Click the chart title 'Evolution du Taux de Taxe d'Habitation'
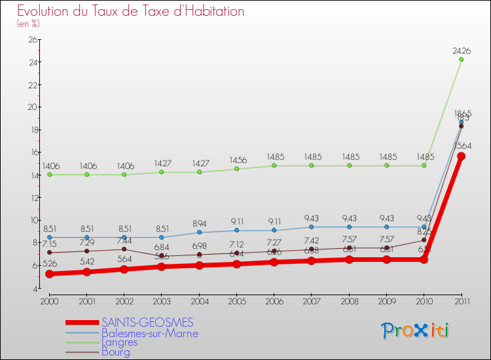point(131,12)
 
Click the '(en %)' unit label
point(28,24)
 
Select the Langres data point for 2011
point(462,60)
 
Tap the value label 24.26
point(461,50)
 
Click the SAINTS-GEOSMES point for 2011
point(462,156)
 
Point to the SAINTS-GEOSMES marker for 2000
point(49,274)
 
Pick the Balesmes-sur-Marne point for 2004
point(200,232)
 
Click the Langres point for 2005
point(237,169)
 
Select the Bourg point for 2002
point(124,249)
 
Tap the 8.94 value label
point(200,223)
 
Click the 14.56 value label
point(237,160)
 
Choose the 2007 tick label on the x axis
point(312,301)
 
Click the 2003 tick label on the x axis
point(162,301)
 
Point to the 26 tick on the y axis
point(32,40)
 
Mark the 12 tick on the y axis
point(32,197)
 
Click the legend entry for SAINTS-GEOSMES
point(147,323)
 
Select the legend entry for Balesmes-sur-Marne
point(149,333)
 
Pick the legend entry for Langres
point(120,342)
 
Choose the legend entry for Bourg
point(116,352)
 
